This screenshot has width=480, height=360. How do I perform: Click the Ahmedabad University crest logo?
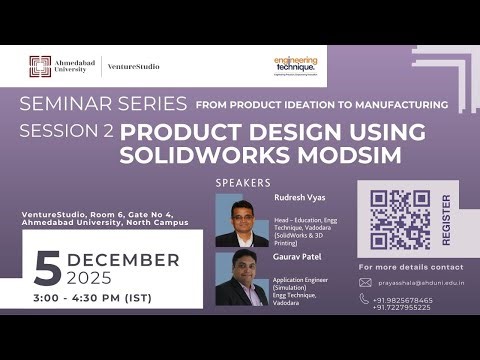pyautogui.click(x=40, y=67)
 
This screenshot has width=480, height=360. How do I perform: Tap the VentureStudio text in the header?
pyautogui.click(x=133, y=67)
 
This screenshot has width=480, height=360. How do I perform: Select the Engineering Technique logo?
pyautogui.click(x=295, y=66)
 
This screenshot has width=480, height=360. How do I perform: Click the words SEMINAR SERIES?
pyautogui.click(x=103, y=103)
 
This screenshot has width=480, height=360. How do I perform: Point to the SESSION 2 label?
pyautogui.click(x=66, y=131)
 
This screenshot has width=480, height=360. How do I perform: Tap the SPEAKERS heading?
pyautogui.click(x=243, y=183)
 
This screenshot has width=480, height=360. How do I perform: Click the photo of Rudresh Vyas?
pyautogui.click(x=241, y=220)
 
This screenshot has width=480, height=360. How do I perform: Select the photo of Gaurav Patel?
pyautogui.click(x=241, y=278)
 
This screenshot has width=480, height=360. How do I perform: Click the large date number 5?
pyautogui.click(x=47, y=268)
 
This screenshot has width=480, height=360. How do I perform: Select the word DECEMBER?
pyautogui.click(x=123, y=260)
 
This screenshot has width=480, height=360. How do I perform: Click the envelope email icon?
pyautogui.click(x=365, y=283)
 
